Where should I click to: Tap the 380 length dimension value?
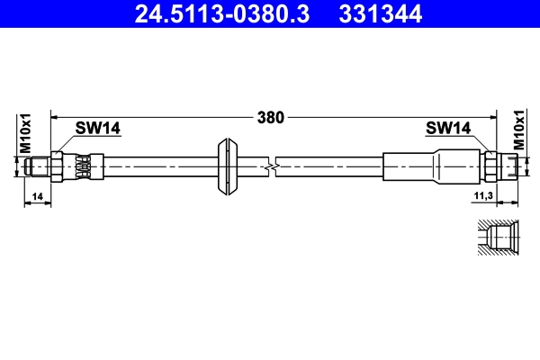pyautogui.click(x=270, y=116)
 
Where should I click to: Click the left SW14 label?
pyautogui.click(x=97, y=129)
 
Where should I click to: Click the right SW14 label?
pyautogui.click(x=447, y=129)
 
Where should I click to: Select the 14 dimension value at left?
pyautogui.click(x=36, y=194)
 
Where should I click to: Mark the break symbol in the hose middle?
pyautogui.click(x=272, y=166)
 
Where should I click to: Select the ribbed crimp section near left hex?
pyautogui.click(x=83, y=166)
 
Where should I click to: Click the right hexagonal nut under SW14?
pyautogui.click(x=490, y=166)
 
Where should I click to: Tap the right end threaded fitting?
pyautogui.click(x=510, y=166)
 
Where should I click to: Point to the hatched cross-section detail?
pyautogui.click(x=494, y=239)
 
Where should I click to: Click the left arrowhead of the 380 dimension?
pyautogui.click(x=55, y=116)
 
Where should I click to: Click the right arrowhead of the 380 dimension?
pyautogui.click(x=493, y=116)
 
